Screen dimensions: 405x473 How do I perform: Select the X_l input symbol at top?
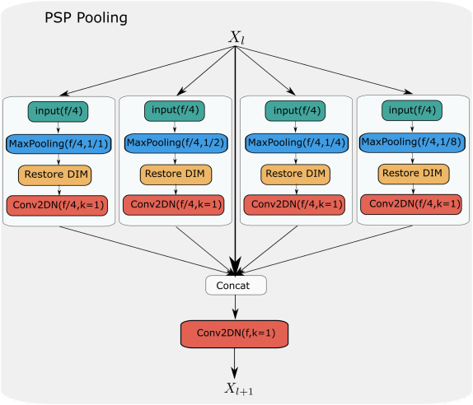[x=237, y=37]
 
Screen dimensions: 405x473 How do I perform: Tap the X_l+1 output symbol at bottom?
[x=236, y=388]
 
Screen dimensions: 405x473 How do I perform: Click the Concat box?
[x=236, y=285]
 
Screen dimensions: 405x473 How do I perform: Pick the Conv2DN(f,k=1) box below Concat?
[x=236, y=333]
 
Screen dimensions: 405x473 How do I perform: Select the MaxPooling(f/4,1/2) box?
[x=176, y=143]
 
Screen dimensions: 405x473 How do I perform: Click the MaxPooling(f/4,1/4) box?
[x=294, y=143]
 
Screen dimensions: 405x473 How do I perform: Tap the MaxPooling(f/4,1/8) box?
[x=412, y=143]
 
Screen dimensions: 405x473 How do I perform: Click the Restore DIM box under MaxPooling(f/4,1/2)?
[x=176, y=174]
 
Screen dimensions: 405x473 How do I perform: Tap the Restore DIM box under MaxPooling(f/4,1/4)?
[x=294, y=175]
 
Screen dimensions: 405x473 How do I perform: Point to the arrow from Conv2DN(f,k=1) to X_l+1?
[x=236, y=361]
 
